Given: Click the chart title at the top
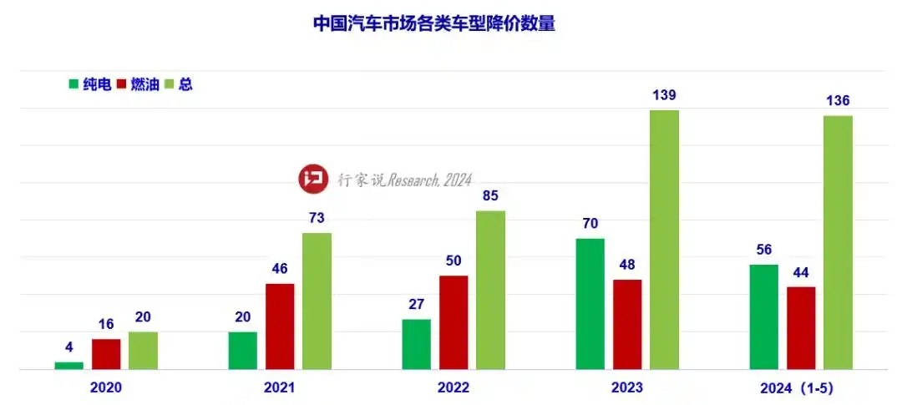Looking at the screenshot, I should tap(433, 23).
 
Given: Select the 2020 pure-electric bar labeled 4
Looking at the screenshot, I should tap(68, 365).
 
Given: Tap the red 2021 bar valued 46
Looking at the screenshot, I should tap(280, 327).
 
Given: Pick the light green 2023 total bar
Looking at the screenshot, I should tap(665, 240).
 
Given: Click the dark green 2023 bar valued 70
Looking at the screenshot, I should tap(590, 304).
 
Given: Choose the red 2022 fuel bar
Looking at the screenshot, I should tap(454, 322).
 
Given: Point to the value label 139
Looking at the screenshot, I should tap(665, 95).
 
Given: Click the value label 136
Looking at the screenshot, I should tap(838, 101).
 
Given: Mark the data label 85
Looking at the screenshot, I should tap(490, 197).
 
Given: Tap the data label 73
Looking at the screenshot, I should tap(317, 218).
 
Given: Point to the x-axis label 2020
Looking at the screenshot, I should tap(106, 387).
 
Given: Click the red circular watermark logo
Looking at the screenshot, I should tap(314, 178).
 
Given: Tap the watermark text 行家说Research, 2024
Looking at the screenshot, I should tap(404, 179).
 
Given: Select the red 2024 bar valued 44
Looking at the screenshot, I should tap(801, 328).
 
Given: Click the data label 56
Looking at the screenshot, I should tap(763, 250).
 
